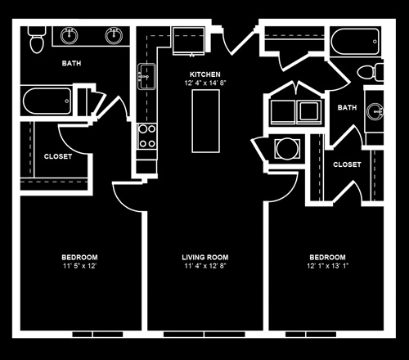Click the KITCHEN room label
point(205,74)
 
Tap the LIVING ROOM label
point(205,257)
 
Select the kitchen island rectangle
point(205,121)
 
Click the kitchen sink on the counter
point(146,77)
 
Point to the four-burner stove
point(146,136)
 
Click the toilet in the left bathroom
point(37,39)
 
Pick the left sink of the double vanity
point(70,36)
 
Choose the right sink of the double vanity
point(114,36)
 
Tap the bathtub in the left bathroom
point(47,101)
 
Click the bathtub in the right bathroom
point(355,42)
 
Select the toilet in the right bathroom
point(371,72)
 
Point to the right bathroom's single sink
point(375,112)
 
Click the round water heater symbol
point(287,149)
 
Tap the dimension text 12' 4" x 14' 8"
point(205,83)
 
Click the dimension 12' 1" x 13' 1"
point(327,266)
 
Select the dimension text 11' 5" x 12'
point(79,266)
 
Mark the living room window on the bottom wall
point(204,334)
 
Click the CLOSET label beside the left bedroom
point(58,156)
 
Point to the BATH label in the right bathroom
point(347,107)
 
